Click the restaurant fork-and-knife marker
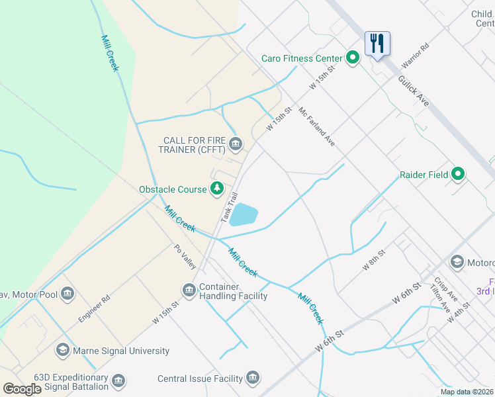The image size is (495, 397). (x=377, y=44)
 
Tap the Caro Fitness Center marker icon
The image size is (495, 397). (x=353, y=58)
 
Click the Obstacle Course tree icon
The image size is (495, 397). (x=217, y=189)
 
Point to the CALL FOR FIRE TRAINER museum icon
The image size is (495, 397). (x=235, y=144)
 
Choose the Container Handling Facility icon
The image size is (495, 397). (x=189, y=290)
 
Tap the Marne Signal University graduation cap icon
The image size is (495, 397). (x=63, y=351)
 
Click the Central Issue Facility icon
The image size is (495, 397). (x=252, y=378)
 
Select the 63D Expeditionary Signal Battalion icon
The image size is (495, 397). (x=118, y=381)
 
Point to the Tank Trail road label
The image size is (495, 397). (x=228, y=207)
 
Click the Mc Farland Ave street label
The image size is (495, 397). (x=317, y=127)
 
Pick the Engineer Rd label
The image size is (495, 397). (x=93, y=309)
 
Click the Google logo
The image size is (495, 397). (x=22, y=389)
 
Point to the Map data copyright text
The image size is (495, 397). (x=466, y=392)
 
